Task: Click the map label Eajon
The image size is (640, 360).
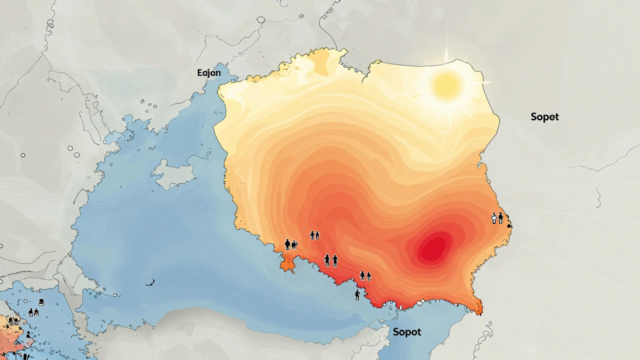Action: (209, 73)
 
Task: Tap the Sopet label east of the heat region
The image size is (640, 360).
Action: (544, 117)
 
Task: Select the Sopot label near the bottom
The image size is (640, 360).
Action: (406, 332)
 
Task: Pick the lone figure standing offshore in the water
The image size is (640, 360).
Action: (357, 295)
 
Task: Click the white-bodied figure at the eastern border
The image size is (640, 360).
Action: (494, 218)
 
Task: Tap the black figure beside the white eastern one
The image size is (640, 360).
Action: (500, 217)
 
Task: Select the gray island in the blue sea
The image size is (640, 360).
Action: (172, 172)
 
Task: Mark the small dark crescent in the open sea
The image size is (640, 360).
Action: (149, 283)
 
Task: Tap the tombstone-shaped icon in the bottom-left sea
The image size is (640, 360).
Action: (41, 302)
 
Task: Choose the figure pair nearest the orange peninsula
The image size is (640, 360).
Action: (290, 244)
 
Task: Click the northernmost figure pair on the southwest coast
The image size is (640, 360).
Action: (314, 234)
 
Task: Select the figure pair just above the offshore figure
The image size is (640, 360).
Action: (365, 275)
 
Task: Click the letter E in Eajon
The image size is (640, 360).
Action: (200, 73)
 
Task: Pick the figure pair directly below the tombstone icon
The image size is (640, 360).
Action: (33, 312)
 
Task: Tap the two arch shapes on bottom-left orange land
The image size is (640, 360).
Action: (13, 321)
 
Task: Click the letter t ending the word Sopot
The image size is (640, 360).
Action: (418, 332)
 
